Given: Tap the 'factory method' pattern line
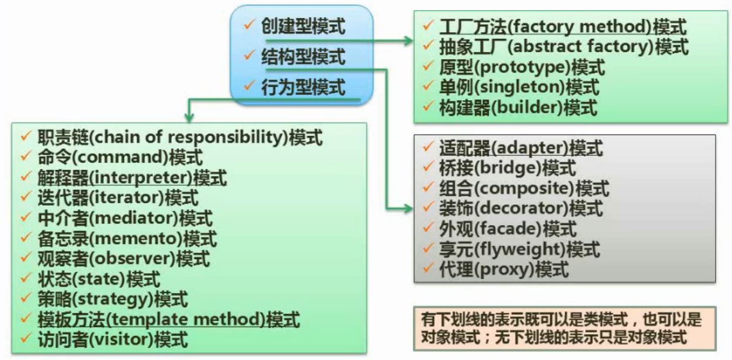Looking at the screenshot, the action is [563, 26].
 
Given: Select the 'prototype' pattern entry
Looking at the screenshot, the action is [522, 67].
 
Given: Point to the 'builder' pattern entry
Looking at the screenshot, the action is [518, 108].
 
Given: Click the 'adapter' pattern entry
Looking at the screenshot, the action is [521, 148].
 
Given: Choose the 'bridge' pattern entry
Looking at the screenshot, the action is [508, 168].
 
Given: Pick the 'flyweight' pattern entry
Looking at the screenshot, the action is [520, 249].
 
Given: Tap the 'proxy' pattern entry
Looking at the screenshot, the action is [504, 270].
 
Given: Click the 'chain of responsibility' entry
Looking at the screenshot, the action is [180, 137].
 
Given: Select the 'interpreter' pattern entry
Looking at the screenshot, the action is [133, 178].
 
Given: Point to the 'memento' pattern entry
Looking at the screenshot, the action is [127, 239].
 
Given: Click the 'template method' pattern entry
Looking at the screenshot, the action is [169, 320].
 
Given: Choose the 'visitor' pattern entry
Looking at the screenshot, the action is [113, 339].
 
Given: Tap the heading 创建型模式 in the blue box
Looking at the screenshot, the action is [303, 26].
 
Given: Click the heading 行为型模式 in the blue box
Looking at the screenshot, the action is [303, 87].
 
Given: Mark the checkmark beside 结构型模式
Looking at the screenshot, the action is [249, 55].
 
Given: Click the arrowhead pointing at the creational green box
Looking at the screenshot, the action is [408, 41].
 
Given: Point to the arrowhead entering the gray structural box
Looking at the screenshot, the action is [408, 208].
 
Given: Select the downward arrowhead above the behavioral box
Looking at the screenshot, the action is [189, 118].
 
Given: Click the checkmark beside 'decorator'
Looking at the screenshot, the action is [428, 206].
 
